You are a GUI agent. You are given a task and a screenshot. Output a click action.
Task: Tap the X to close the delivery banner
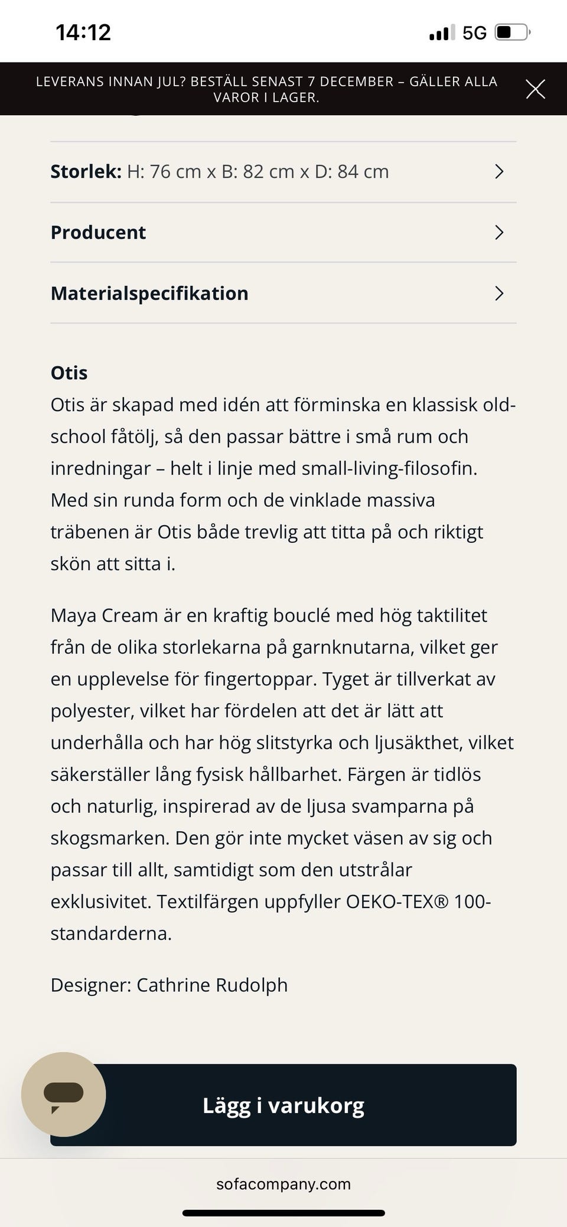coord(535,89)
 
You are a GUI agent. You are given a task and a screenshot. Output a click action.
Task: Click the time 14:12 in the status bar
coord(83,32)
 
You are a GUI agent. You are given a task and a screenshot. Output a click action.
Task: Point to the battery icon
coord(512,32)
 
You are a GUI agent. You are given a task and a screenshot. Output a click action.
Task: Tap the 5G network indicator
coord(474,33)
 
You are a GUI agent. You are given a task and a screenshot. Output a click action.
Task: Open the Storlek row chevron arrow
coord(499,172)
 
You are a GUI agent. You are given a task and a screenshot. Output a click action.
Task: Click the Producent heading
coord(98,233)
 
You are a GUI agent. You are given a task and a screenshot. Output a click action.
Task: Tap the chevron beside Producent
coord(499,233)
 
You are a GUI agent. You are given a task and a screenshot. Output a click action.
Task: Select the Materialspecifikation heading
coord(149,294)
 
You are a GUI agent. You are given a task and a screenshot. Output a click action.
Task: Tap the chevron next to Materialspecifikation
coord(499,294)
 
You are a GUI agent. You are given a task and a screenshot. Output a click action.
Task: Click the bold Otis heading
coord(69,373)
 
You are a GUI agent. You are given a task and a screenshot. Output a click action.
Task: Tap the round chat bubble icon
coord(64,1094)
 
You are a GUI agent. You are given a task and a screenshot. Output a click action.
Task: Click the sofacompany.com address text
coord(283,1184)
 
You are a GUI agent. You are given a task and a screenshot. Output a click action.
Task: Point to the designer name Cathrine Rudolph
coord(212,985)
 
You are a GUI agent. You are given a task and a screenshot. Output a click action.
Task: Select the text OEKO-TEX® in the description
coord(397,902)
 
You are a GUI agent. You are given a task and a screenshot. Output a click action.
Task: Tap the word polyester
coord(92,711)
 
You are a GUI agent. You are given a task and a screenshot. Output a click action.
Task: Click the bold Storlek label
coord(86,172)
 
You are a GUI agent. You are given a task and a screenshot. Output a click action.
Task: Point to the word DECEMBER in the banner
coord(357,82)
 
